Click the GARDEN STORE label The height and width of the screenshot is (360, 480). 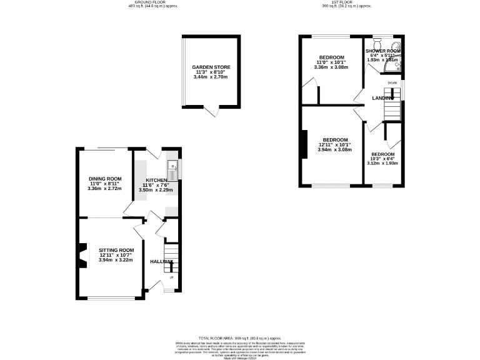(211, 67)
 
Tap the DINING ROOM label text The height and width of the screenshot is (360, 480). (104, 179)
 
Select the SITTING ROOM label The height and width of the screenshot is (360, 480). (117, 250)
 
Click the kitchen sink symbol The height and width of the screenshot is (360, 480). (173, 167)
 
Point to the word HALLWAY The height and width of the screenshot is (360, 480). (161, 261)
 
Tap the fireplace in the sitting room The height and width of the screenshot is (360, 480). (82, 255)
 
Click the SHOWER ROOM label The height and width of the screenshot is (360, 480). (383, 51)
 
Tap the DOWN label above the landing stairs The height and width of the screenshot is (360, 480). (392, 82)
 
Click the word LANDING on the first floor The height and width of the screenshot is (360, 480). (382, 99)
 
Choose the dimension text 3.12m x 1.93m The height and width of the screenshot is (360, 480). (382, 164)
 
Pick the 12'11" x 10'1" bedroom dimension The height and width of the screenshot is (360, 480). (334, 145)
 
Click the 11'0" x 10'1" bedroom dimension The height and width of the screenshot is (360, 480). (329, 62)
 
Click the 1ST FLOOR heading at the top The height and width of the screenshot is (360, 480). (347, 2)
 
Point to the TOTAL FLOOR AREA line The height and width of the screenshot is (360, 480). (240, 337)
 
